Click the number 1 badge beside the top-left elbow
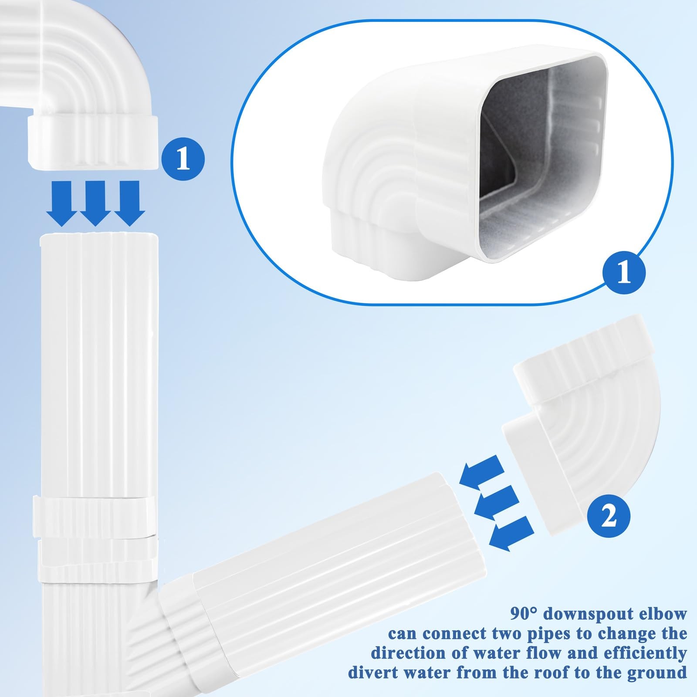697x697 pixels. [x=183, y=159]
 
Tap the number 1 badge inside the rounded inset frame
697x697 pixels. [x=624, y=274]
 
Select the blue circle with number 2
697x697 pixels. [x=609, y=516]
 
